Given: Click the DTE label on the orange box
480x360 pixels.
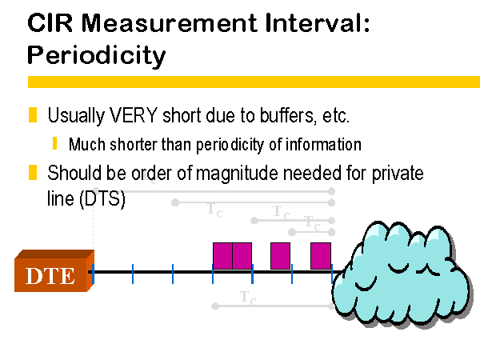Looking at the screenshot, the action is click(x=50, y=276).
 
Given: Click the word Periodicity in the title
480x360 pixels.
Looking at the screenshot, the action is click(x=97, y=56).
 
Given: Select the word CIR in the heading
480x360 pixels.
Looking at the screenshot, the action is click(x=50, y=22).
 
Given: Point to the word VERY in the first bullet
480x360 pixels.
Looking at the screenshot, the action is click(x=133, y=115).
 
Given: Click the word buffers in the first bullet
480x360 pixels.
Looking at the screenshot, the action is click(x=288, y=116).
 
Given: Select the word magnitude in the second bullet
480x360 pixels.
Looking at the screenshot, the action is click(x=237, y=174).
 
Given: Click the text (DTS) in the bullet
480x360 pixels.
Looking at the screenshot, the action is click(x=102, y=199).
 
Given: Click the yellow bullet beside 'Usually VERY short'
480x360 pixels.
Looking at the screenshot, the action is click(x=33, y=114).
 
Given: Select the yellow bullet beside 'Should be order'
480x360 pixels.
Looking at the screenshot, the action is click(x=33, y=172).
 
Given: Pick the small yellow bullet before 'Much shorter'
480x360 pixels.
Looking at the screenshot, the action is click(x=54, y=143).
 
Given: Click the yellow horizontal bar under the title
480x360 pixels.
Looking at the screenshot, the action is click(x=254, y=82).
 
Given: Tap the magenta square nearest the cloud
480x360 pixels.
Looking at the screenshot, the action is click(x=321, y=256).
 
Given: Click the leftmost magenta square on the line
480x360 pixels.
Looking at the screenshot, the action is click(x=222, y=256).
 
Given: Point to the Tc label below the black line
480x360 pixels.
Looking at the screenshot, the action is click(x=248, y=298).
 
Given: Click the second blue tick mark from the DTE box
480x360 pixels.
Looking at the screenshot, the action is click(x=133, y=274).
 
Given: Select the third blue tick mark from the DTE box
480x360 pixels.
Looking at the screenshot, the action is click(x=173, y=274).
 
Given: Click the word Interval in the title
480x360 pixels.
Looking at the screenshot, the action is click(x=318, y=22).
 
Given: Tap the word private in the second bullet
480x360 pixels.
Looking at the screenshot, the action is click(x=398, y=174).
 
